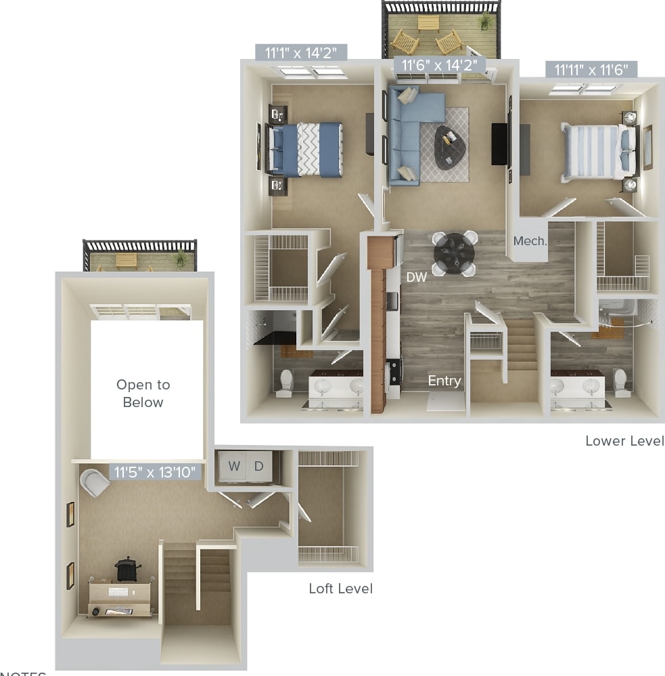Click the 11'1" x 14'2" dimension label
click(301, 52)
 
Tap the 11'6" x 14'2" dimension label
click(440, 66)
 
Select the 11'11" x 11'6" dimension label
click(591, 69)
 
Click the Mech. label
click(530, 240)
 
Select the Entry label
click(444, 381)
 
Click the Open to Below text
click(143, 394)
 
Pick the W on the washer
click(234, 466)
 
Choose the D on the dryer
click(258, 466)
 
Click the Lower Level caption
click(624, 441)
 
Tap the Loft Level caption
click(340, 589)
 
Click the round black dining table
click(454, 253)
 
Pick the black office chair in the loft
click(125, 569)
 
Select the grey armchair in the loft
click(95, 483)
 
